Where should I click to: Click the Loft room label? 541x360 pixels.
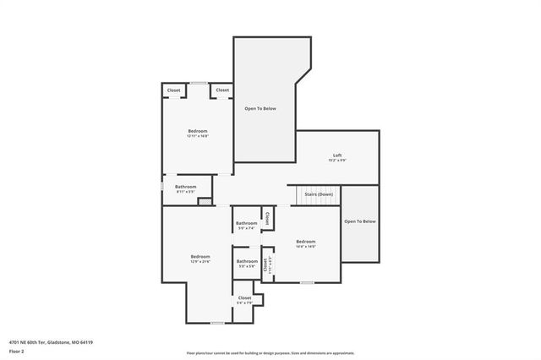click(x=337, y=156)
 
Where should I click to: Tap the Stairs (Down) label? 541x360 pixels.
click(x=319, y=194)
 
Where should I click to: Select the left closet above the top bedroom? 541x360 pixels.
click(x=173, y=90)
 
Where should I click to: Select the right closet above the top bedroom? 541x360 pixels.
click(x=222, y=90)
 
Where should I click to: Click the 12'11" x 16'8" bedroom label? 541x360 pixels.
click(x=198, y=133)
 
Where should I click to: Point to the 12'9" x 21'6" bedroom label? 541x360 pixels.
click(x=200, y=259)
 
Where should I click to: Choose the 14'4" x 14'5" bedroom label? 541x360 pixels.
click(x=305, y=243)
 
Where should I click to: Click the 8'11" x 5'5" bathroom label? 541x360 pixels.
click(x=186, y=188)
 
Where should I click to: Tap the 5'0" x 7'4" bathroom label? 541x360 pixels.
click(x=247, y=225)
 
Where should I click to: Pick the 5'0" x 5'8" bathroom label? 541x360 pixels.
click(x=247, y=263)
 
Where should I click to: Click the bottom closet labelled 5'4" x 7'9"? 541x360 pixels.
click(x=244, y=300)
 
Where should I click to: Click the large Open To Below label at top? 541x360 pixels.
click(x=260, y=108)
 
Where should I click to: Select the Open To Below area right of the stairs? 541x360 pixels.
click(x=359, y=221)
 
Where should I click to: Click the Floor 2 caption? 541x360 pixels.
click(x=17, y=351)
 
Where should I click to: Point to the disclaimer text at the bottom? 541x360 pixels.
click(x=270, y=353)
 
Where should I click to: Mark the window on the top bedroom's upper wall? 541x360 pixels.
click(x=198, y=83)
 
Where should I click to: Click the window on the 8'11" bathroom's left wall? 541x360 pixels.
click(x=162, y=188)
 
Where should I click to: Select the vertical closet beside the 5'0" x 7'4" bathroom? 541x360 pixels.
click(x=266, y=218)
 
